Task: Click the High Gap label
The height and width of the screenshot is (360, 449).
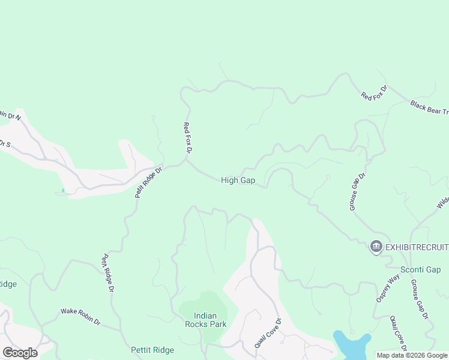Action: (x=238, y=180)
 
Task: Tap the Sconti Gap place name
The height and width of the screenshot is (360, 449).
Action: (x=421, y=269)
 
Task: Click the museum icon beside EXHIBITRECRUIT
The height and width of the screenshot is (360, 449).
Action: (x=376, y=247)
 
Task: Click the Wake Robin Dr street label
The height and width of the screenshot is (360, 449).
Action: (x=80, y=317)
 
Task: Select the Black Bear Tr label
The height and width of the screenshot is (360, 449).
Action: (x=430, y=107)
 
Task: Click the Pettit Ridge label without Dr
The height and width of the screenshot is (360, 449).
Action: (x=152, y=350)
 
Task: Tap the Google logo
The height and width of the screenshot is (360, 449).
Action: (x=20, y=352)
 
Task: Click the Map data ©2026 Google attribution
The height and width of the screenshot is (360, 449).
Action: (x=411, y=355)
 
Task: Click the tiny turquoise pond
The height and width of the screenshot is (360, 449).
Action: (x=62, y=191)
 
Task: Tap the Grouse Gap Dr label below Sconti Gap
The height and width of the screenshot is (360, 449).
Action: (x=419, y=298)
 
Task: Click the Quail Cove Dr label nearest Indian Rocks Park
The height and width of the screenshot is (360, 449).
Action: (x=268, y=333)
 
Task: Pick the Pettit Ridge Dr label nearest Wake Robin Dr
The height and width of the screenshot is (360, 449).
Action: (x=108, y=273)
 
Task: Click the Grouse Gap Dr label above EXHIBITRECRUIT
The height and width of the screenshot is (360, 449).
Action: (x=357, y=192)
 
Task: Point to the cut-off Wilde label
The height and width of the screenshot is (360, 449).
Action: (x=442, y=200)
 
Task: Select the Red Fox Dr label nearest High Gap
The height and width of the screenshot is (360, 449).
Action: (x=187, y=137)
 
